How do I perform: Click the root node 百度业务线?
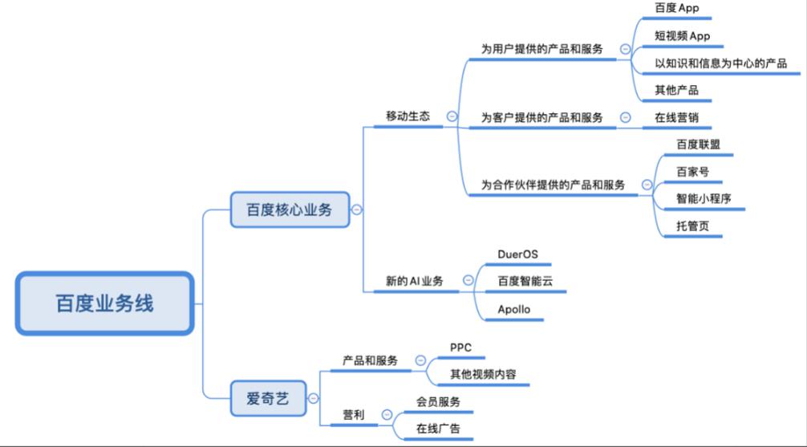pyautogui.click(x=104, y=303)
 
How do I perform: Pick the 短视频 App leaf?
pyautogui.click(x=683, y=36)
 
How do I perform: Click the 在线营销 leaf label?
pyautogui.click(x=676, y=117)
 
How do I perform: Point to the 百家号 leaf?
pyautogui.click(x=692, y=172)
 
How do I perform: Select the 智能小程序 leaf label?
pyautogui.click(x=704, y=198)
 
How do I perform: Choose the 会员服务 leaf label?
pyautogui.click(x=438, y=401)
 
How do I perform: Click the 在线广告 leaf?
pyautogui.click(x=438, y=429)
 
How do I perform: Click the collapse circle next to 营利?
pyautogui.click(x=387, y=415)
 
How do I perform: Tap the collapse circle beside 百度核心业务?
pyautogui.click(x=357, y=210)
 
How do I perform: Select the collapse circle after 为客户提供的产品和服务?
pyautogui.click(x=624, y=117)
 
